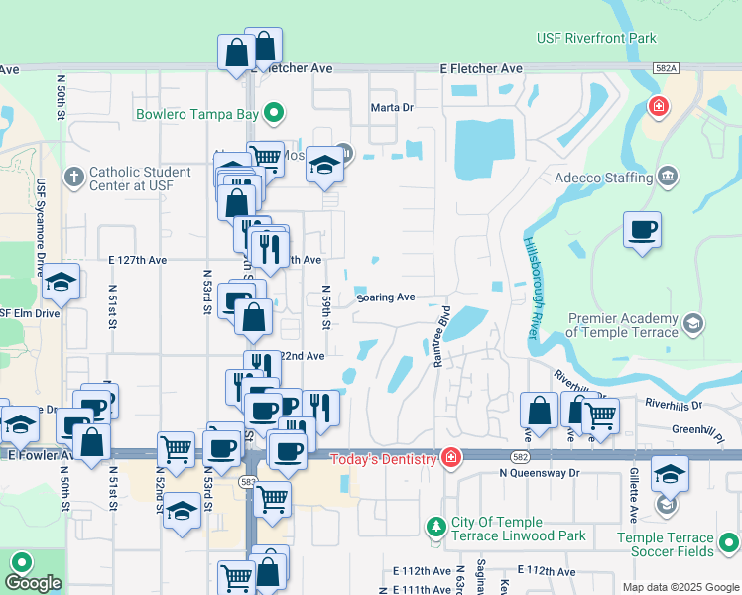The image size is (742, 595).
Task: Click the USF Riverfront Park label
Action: [595, 38]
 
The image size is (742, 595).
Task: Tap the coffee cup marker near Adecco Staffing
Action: [642, 231]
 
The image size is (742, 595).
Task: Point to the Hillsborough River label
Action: [530, 289]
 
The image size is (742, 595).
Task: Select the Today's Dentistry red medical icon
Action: [451, 458]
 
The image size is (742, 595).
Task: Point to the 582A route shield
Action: [667, 67]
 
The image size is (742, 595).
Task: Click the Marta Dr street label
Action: [391, 107]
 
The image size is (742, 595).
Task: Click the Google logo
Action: [33, 583]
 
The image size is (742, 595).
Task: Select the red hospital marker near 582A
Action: [657, 106]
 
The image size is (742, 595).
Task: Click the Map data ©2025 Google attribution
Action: [680, 587]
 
